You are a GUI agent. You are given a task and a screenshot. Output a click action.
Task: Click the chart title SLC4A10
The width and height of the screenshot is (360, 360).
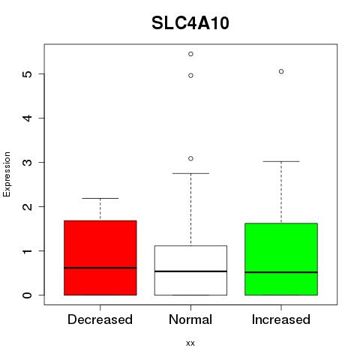click(x=190, y=23)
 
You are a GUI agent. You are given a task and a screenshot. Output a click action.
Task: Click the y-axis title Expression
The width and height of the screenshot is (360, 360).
click(x=7, y=174)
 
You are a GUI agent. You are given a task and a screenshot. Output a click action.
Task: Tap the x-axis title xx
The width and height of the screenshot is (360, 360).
click(x=190, y=343)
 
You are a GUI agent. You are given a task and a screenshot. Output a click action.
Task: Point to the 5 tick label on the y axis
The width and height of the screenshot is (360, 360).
click(x=28, y=73)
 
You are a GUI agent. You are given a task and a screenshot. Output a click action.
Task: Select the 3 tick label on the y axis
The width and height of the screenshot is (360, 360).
click(x=28, y=162)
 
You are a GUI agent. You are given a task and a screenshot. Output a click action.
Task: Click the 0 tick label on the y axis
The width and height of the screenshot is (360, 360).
click(x=28, y=295)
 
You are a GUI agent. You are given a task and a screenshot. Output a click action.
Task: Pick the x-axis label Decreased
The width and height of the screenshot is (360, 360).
click(x=100, y=319)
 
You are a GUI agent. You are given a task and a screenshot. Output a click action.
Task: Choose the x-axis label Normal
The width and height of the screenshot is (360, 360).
click(x=190, y=319)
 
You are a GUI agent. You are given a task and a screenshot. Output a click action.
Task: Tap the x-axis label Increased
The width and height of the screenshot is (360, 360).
click(x=281, y=319)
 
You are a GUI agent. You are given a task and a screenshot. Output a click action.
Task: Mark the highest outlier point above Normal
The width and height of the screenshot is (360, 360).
click(x=190, y=54)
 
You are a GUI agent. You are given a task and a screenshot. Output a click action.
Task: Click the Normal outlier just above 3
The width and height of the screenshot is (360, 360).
click(x=190, y=158)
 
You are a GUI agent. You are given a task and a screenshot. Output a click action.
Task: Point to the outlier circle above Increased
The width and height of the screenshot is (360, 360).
click(x=281, y=71)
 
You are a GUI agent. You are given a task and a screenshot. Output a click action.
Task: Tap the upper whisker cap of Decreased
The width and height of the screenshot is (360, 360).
click(x=100, y=198)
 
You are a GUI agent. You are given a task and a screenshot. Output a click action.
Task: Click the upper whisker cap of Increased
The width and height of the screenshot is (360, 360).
click(x=281, y=161)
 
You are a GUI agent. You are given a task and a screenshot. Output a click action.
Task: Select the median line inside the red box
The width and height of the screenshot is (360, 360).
click(x=100, y=268)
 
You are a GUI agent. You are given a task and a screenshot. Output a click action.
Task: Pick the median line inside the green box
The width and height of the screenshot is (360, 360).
click(x=281, y=272)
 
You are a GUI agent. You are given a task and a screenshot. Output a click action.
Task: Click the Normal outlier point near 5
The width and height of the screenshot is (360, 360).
click(x=190, y=76)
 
